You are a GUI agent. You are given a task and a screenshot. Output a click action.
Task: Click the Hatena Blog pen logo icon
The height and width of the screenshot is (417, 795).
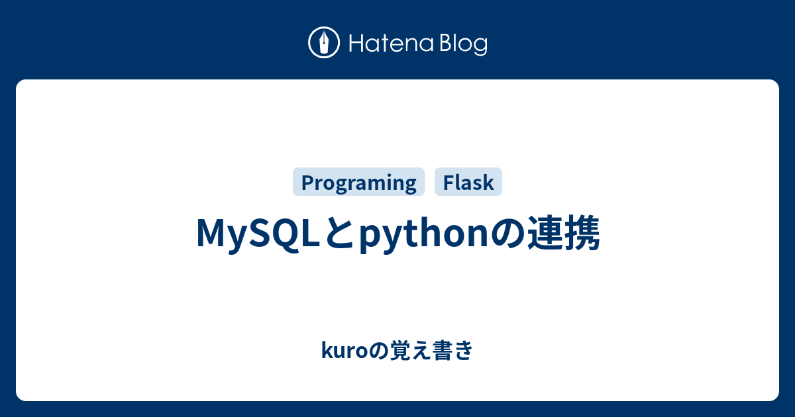point(324,42)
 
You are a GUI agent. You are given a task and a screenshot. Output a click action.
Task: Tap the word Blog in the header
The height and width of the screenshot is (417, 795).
point(464,45)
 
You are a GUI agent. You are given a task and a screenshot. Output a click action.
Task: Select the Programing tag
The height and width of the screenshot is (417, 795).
point(358,182)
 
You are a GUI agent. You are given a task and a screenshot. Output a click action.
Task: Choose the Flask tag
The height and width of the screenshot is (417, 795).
point(468,182)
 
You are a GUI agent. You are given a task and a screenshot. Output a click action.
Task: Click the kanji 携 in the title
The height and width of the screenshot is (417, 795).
point(582,232)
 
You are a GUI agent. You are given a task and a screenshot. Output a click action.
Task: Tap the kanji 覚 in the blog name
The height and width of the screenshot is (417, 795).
point(401,350)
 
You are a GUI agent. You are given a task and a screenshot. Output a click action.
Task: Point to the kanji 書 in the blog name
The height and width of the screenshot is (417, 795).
point(443,350)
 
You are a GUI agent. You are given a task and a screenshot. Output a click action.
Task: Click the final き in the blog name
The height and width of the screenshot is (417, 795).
point(464,350)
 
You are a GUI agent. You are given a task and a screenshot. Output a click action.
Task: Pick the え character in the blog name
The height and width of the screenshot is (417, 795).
point(422,350)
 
